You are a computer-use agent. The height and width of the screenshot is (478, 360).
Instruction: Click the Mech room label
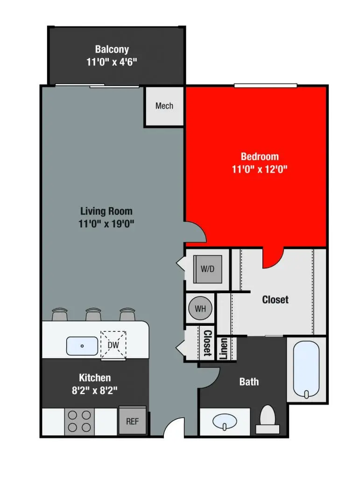[x=164, y=106]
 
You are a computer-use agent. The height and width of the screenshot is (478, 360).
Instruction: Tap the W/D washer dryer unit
[x=207, y=269]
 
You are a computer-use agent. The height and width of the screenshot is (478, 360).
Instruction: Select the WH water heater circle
[x=200, y=308]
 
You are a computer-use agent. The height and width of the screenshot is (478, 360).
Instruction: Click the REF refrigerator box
[x=133, y=421]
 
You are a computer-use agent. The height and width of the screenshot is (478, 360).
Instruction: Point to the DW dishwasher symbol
[x=113, y=345]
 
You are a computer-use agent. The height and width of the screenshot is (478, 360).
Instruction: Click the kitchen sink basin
[x=82, y=346]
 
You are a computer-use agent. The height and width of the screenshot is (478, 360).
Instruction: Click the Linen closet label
[x=223, y=350]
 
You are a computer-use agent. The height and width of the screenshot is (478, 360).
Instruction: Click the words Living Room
[x=106, y=211]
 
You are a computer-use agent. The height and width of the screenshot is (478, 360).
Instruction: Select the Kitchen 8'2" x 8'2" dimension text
[x=95, y=390]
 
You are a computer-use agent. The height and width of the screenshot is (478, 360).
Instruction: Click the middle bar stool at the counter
[x=93, y=315]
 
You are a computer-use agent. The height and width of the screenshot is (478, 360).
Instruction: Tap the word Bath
[x=249, y=382]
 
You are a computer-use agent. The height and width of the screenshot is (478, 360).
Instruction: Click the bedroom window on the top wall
[x=265, y=85]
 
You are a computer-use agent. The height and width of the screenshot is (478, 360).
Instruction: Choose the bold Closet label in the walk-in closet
[x=275, y=300]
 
